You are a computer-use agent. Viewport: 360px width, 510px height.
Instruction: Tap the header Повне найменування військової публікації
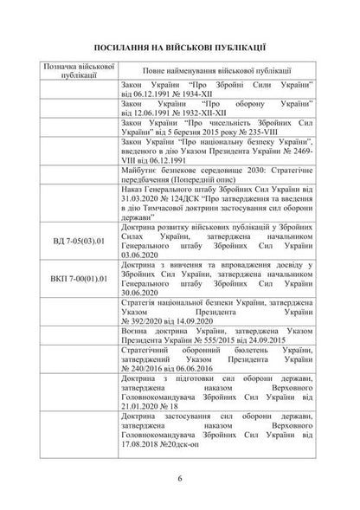[x=216, y=70]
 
